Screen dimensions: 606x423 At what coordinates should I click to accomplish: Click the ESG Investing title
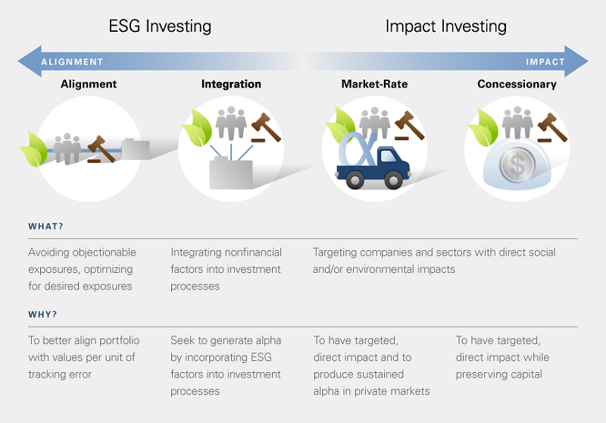[160, 27]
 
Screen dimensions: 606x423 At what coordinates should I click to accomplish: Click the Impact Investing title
[446, 27]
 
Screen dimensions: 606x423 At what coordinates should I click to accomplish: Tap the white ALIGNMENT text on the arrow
[72, 62]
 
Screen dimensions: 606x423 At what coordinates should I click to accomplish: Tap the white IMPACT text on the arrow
[545, 62]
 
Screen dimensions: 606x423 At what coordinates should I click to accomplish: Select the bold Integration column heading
[231, 84]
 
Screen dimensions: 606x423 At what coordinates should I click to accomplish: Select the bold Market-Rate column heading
[374, 84]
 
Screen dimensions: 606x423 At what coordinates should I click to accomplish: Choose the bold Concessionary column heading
[517, 84]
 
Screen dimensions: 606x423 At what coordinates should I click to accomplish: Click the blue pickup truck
[373, 168]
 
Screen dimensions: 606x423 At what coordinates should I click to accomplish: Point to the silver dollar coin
[517, 165]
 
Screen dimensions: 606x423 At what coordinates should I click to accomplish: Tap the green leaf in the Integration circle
[197, 128]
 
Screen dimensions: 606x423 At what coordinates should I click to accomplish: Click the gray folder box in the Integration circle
[231, 174]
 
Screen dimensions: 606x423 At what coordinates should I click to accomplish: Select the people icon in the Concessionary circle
[517, 123]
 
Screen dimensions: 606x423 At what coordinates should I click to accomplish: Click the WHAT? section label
[45, 227]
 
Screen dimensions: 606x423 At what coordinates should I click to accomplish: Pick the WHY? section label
[42, 315]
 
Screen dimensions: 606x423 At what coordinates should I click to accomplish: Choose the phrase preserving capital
[499, 374]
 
